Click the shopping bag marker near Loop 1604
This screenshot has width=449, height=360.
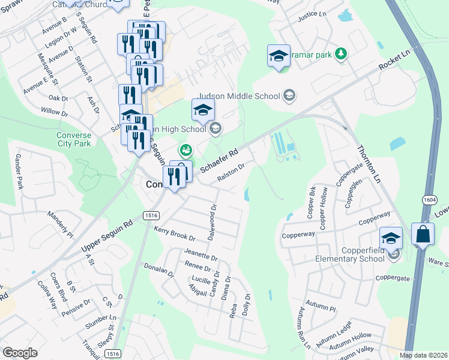coord(423,235)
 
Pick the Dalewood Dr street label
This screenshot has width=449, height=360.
coord(212,221)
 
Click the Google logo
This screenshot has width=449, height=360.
coord(20,353)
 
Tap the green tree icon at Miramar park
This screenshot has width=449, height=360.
coord(341,54)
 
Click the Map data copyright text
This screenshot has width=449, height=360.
coord(423,355)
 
